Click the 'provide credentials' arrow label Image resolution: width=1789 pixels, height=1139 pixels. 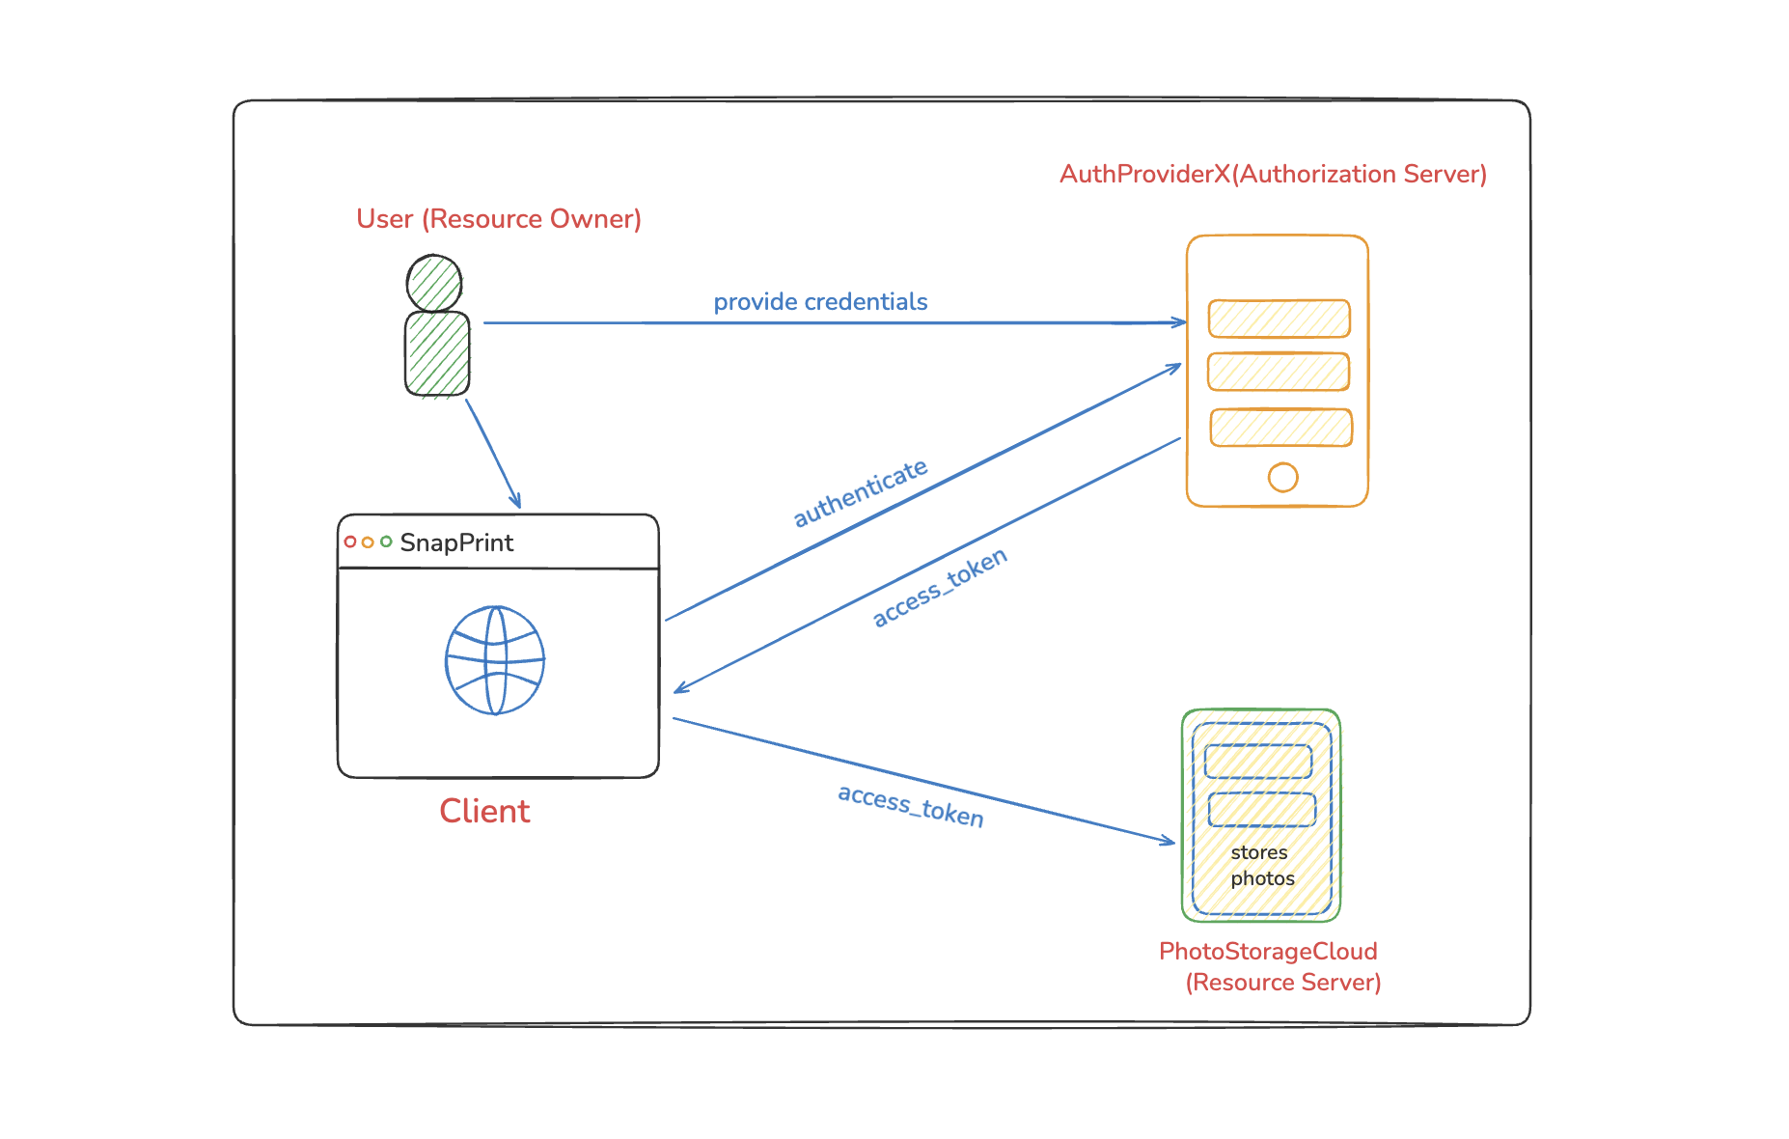pyautogui.click(x=820, y=302)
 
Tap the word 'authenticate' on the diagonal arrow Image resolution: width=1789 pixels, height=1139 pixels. pyautogui.click(x=860, y=493)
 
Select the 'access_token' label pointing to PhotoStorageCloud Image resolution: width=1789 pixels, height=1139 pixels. pyautogui.click(x=910, y=806)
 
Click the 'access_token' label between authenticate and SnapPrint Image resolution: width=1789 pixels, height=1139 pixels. pyautogui.click(x=940, y=587)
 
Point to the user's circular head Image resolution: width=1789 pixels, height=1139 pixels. pyautogui.click(x=434, y=283)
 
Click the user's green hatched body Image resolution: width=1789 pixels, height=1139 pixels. pyautogui.click(x=437, y=353)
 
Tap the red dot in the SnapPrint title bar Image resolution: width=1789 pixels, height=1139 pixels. pyautogui.click(x=350, y=542)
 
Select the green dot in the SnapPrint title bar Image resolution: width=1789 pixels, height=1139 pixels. pyautogui.click(x=386, y=542)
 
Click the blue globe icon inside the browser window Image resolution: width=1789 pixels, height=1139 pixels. pyautogui.click(x=495, y=660)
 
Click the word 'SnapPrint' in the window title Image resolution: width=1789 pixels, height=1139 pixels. pyautogui.click(x=456, y=542)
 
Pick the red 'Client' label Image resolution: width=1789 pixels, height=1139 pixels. pyautogui.click(x=484, y=811)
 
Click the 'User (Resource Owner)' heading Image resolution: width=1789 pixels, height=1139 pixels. pyautogui.click(x=499, y=219)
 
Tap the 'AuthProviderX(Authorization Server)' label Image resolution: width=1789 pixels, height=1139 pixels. pyautogui.click(x=1273, y=175)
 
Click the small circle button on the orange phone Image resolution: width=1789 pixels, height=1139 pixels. pyautogui.click(x=1282, y=477)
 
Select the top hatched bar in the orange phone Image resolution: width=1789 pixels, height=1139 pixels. pyautogui.click(x=1279, y=319)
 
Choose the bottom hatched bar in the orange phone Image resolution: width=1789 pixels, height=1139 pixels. pyautogui.click(x=1280, y=428)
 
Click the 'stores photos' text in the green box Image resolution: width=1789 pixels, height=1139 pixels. pyautogui.click(x=1261, y=865)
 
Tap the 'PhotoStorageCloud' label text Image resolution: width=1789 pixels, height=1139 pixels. pyautogui.click(x=1268, y=952)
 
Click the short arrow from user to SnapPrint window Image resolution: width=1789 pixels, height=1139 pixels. pyautogui.click(x=493, y=453)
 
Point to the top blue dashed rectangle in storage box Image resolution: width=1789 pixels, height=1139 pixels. pyautogui.click(x=1258, y=762)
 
